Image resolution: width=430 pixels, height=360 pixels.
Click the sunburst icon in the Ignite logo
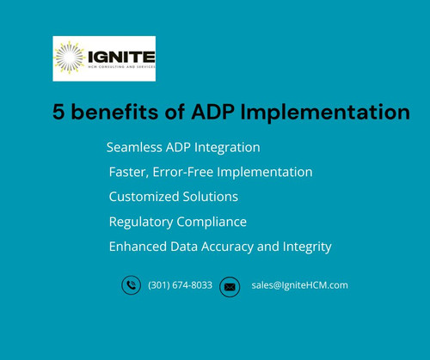click(x=69, y=58)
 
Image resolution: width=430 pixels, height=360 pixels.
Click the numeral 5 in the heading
click(x=58, y=112)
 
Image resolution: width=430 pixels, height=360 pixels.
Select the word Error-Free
click(x=187, y=172)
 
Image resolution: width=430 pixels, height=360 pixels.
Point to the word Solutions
click(x=211, y=197)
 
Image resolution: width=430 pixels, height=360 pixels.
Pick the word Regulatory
click(x=141, y=222)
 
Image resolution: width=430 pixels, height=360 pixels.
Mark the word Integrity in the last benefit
click(x=306, y=247)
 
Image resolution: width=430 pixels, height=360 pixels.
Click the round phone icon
click(x=131, y=285)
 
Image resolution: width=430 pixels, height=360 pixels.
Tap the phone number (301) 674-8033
click(x=180, y=285)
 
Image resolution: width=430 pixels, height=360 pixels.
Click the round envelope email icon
click(x=230, y=286)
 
